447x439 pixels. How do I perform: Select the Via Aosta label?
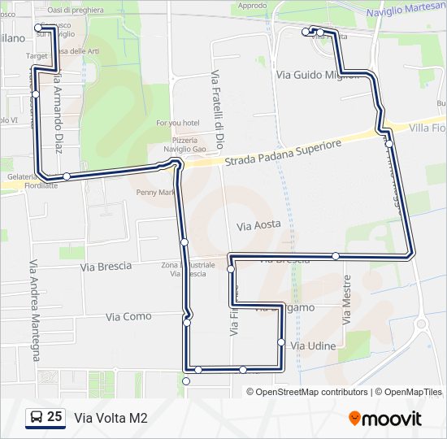pos(258,224)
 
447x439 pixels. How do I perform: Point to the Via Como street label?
pos(128,316)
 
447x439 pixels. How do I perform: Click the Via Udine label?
pos(313,346)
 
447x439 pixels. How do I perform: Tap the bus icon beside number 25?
pos(36,418)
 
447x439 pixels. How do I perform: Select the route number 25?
pos(54,417)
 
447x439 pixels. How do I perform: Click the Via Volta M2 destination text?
pos(111,418)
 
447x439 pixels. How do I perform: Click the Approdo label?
pos(253,6)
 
